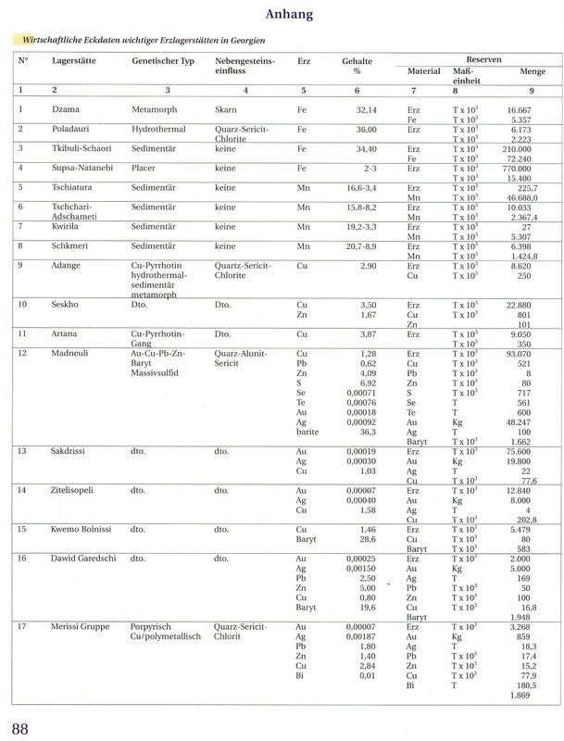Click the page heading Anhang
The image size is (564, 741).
tap(282, 14)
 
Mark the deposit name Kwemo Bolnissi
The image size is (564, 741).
tap(82, 529)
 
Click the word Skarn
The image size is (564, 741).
tap(225, 109)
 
